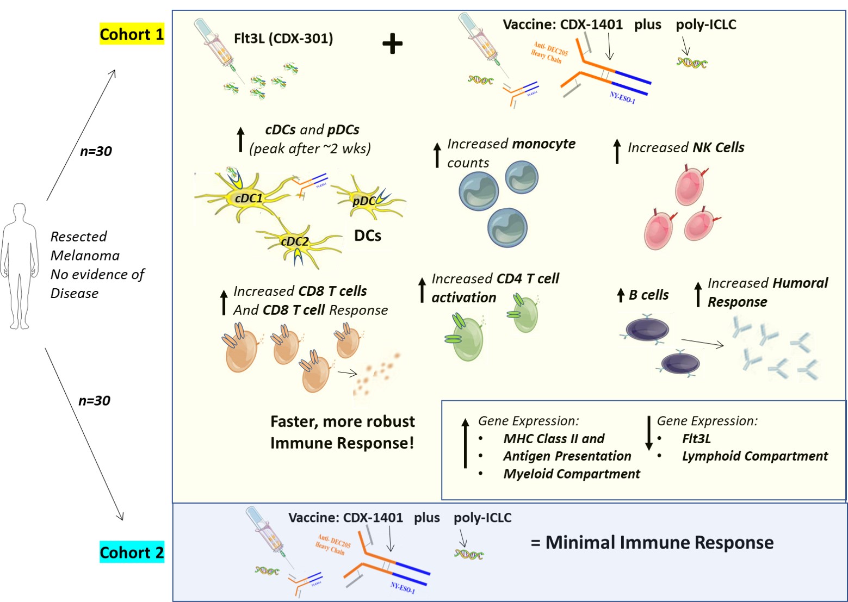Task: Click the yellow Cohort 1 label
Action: (132, 34)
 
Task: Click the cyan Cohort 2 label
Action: (132, 553)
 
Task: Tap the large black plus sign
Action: (392, 44)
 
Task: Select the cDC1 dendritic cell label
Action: (249, 198)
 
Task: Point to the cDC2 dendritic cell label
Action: (294, 241)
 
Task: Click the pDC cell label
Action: (363, 201)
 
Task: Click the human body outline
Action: (20, 266)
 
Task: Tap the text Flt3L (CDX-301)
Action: (283, 39)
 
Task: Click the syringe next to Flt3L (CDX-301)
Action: (215, 46)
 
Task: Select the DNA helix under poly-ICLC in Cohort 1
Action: (691, 63)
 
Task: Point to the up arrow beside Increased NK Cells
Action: (617, 151)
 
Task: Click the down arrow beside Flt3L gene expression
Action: (648, 433)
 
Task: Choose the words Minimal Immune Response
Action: (659, 542)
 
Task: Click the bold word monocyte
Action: (543, 144)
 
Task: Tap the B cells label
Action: (648, 295)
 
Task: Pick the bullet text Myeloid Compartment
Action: (571, 474)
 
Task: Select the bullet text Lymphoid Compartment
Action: (754, 456)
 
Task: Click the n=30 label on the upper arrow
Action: (96, 151)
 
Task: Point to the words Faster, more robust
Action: (342, 421)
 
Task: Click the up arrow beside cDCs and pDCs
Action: (241, 139)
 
